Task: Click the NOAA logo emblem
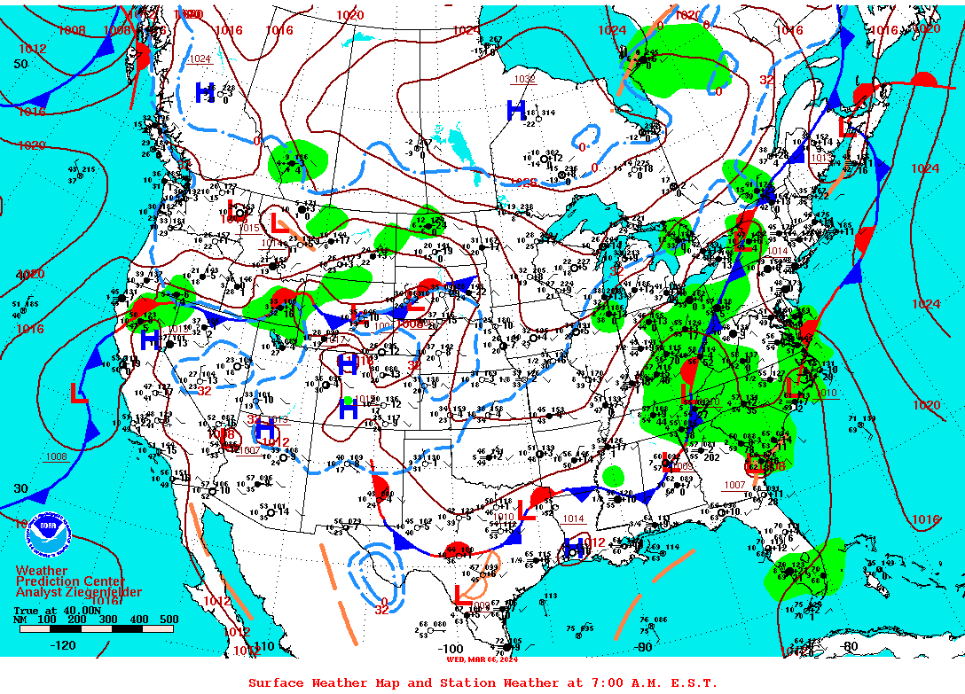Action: tap(46, 534)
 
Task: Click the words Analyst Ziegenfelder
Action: tap(78, 592)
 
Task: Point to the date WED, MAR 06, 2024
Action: tap(482, 659)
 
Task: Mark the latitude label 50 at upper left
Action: tap(20, 65)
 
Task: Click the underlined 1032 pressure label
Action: tap(524, 79)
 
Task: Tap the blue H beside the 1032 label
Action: tap(515, 111)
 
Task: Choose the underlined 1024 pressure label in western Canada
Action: tap(200, 59)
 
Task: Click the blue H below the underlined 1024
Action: tap(204, 91)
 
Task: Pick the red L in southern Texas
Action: tap(461, 595)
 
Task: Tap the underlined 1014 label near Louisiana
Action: tap(573, 519)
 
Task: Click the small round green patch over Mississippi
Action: tap(612, 476)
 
